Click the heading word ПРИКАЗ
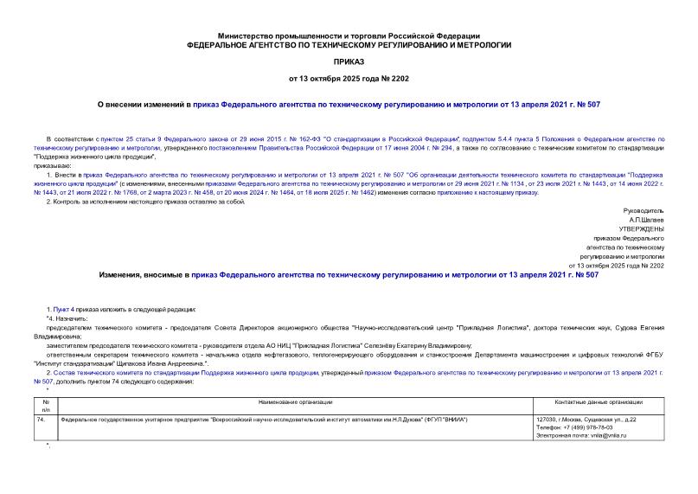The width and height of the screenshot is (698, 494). (349, 63)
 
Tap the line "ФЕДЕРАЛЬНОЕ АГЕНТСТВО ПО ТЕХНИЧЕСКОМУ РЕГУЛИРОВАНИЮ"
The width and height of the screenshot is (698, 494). (349, 44)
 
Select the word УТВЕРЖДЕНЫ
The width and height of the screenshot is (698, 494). (639, 228)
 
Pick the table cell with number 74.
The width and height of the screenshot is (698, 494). (42, 420)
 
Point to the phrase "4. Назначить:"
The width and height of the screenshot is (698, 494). (61, 318)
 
